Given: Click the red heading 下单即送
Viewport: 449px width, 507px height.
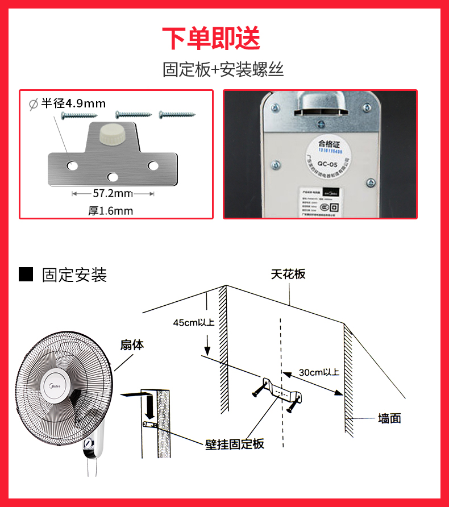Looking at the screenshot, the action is coord(211,38).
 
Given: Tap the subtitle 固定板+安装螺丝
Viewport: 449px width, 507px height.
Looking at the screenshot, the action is coord(223,70).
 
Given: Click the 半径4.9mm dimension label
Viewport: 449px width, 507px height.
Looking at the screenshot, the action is coord(73,103).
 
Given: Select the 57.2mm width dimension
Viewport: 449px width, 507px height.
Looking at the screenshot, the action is coord(113,193).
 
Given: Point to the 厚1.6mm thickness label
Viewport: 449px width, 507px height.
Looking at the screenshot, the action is coord(110,211).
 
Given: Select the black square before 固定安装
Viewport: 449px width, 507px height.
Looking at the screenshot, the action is coord(26,275).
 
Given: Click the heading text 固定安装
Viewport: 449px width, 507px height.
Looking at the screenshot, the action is coord(74,275).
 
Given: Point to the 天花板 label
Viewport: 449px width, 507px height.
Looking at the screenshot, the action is coord(288,274).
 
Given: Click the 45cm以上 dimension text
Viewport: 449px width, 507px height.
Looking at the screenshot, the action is coord(194,322).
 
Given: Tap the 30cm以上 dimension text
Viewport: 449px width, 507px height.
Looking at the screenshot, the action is coord(319,372).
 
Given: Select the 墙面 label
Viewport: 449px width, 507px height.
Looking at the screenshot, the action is coord(389,419).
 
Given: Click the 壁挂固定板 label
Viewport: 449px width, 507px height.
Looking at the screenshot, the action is coord(235,444).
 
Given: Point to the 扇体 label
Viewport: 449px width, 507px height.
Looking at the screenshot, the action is coord(132,344).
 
